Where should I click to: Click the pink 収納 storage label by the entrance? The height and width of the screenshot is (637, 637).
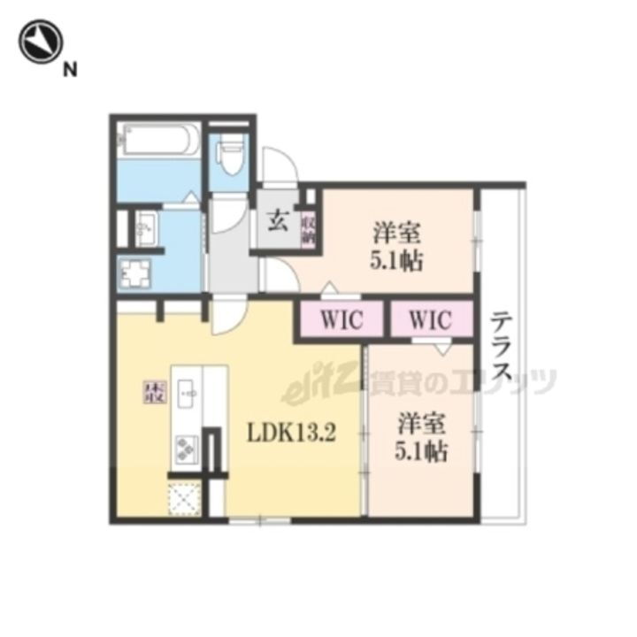coord(308,227)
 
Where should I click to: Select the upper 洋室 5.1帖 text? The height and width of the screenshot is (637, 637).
coord(395,248)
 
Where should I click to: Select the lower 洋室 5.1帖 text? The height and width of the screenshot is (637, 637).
coord(420,438)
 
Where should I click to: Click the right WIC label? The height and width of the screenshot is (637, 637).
coord(430,320)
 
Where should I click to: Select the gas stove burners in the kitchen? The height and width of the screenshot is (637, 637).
coord(188,450)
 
